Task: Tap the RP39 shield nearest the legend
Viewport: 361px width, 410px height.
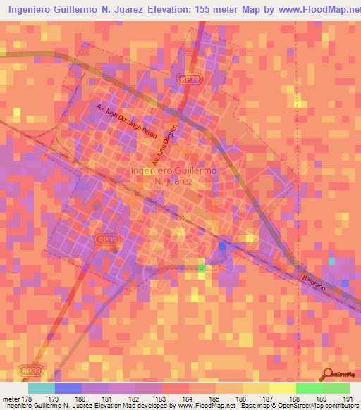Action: [x=30, y=371]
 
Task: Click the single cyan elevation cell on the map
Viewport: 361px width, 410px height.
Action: [x=331, y=261]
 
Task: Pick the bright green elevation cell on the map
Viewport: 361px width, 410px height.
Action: [x=202, y=268]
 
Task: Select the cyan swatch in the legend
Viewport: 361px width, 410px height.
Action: [x=42, y=387]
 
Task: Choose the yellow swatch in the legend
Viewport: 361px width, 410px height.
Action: [x=282, y=387]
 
